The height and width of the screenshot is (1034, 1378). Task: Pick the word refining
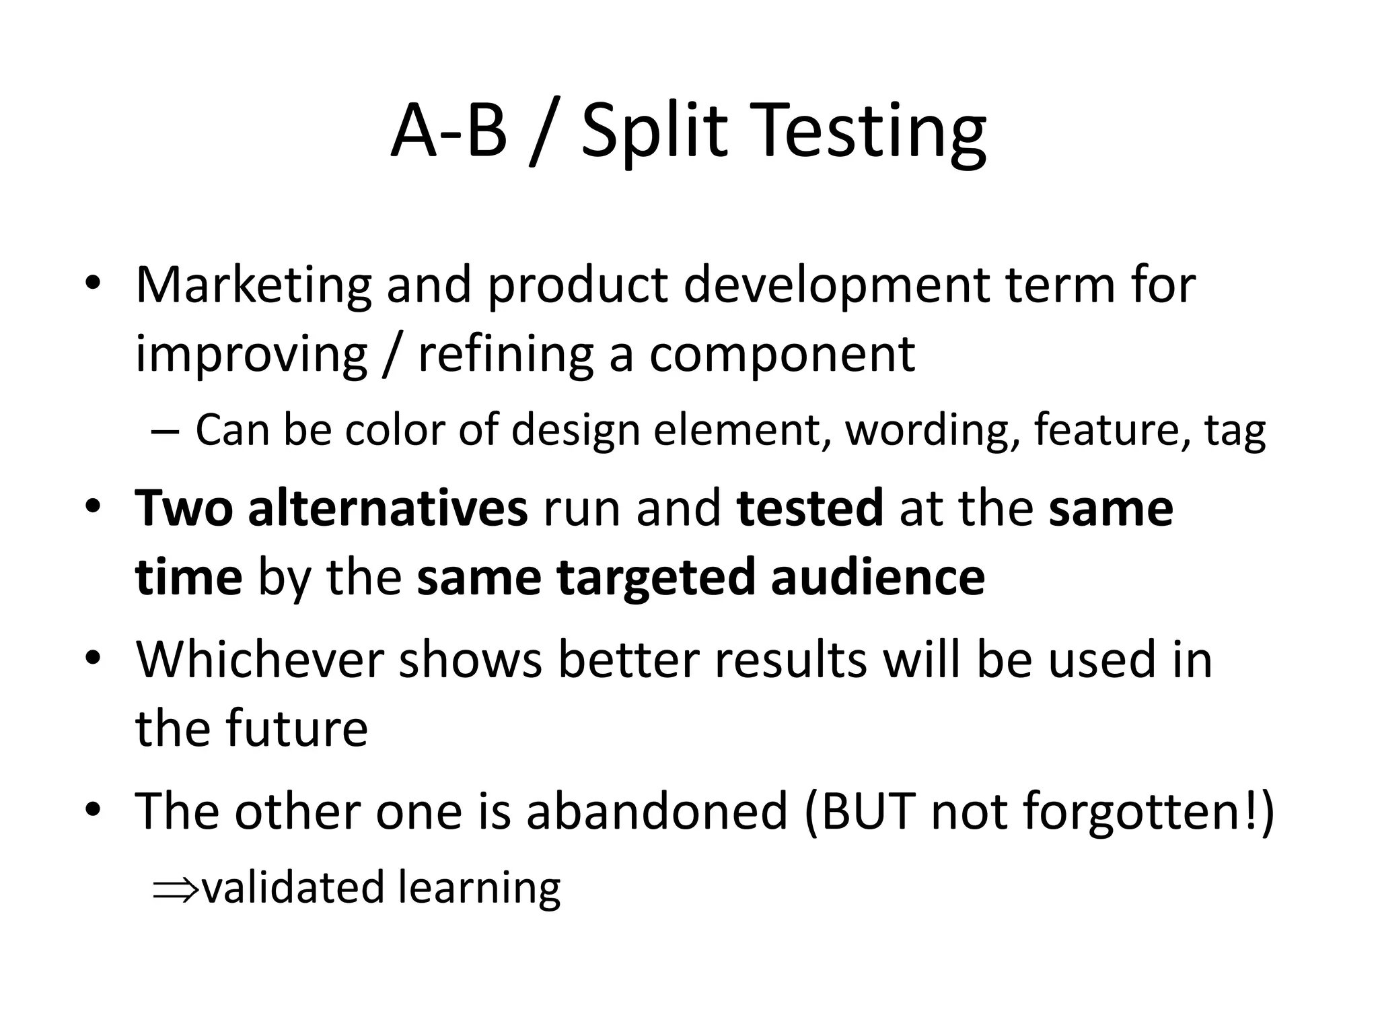click(x=505, y=355)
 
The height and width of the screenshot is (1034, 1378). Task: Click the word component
click(x=782, y=355)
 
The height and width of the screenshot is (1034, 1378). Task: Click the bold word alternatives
click(x=388, y=509)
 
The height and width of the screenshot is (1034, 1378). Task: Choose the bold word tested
click(x=810, y=509)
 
